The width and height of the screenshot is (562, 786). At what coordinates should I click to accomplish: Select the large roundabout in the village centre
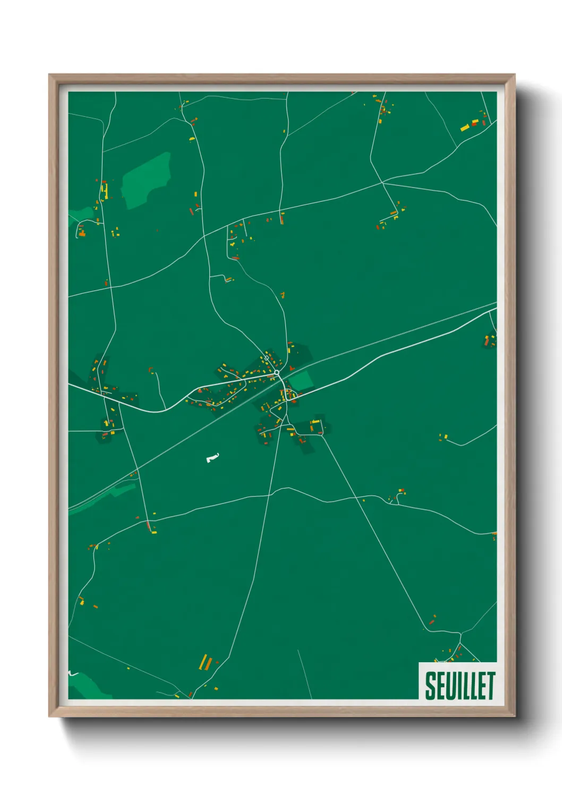click(x=277, y=373)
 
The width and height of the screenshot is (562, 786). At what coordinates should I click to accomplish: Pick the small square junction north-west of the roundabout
click(x=266, y=358)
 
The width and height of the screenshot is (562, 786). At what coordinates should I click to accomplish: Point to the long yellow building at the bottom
click(x=203, y=662)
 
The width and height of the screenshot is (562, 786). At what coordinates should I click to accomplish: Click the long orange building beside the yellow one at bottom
click(x=209, y=664)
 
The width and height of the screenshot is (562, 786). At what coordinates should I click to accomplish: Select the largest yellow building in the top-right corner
click(x=465, y=127)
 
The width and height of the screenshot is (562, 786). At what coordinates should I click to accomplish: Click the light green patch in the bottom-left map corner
click(x=88, y=686)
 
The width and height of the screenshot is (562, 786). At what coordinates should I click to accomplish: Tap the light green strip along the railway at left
click(x=101, y=498)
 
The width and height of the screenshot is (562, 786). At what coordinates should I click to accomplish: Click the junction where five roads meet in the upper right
click(x=382, y=183)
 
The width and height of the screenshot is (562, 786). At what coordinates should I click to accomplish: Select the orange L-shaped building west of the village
click(x=150, y=369)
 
